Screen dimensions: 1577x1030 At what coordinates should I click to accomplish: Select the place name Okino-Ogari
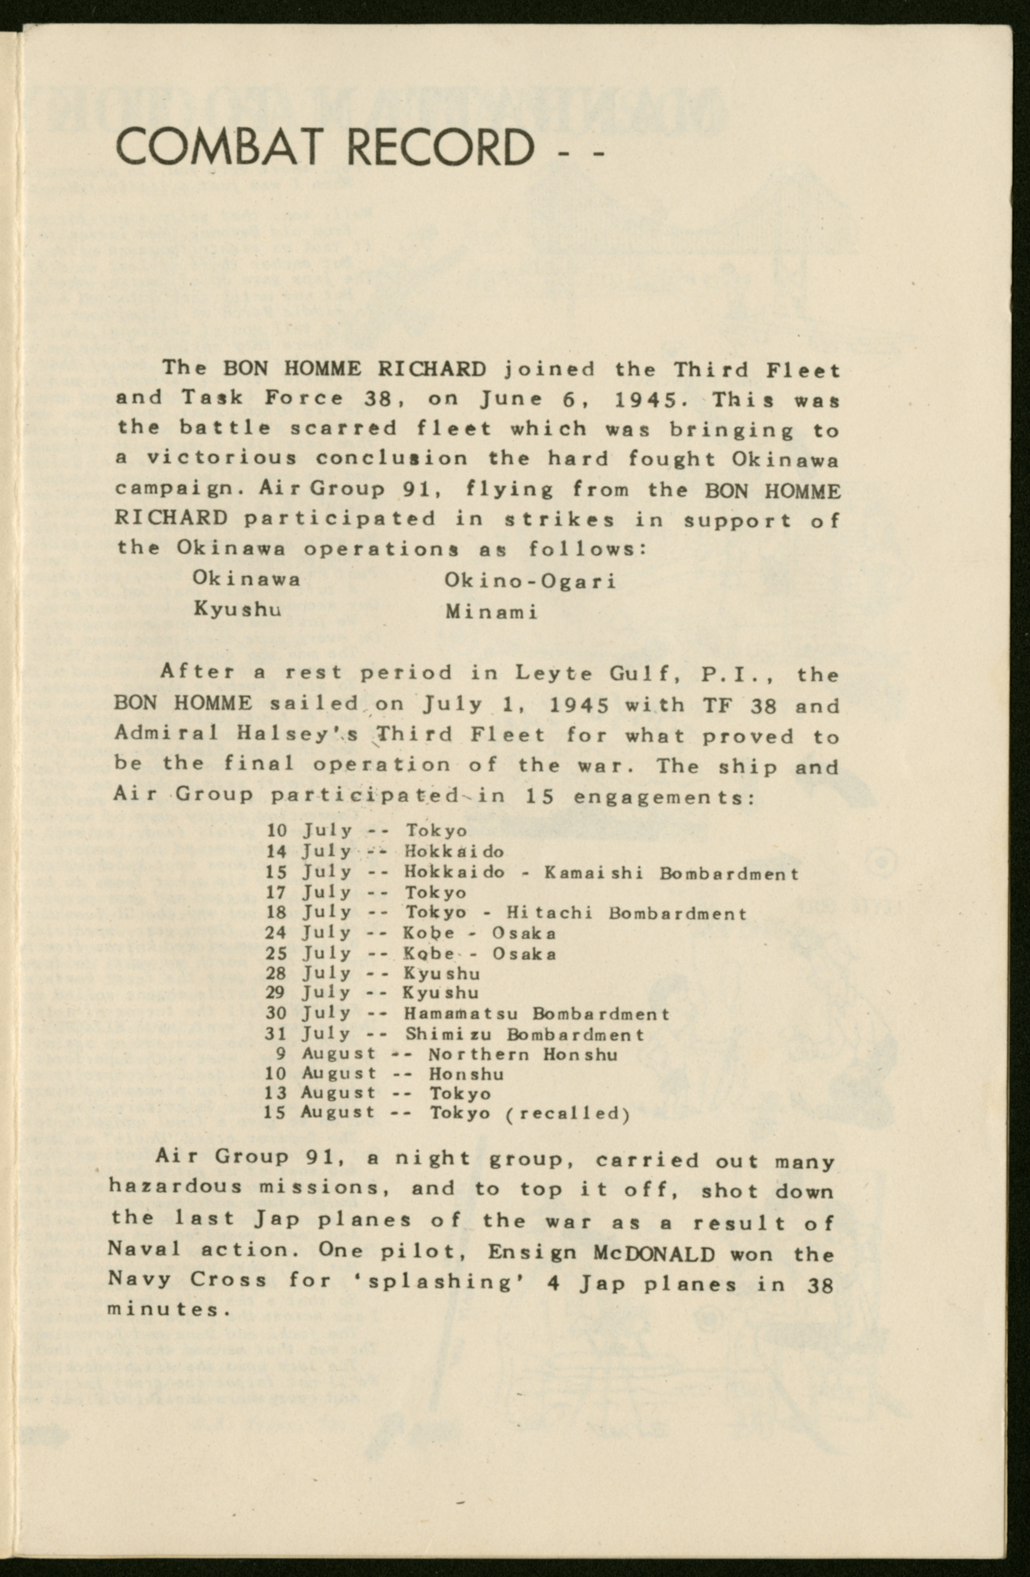(530, 581)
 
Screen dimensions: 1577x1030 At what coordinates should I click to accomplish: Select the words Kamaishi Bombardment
(671, 873)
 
